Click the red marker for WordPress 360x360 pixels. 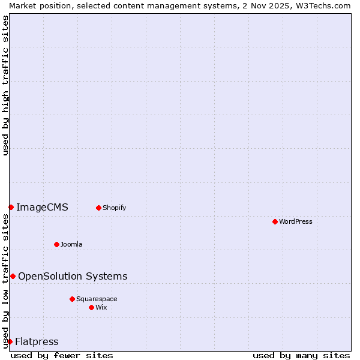(x=275, y=221)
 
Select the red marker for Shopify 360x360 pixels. (x=98, y=208)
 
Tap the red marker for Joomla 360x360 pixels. (x=56, y=244)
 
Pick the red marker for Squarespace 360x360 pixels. (x=72, y=299)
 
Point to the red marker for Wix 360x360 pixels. (x=91, y=307)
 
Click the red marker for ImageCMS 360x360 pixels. (x=11, y=207)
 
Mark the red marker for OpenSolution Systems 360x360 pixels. (x=13, y=276)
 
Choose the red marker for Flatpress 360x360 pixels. (x=10, y=341)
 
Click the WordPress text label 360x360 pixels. (x=296, y=221)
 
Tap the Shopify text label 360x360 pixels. (x=114, y=208)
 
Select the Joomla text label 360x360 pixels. (x=71, y=244)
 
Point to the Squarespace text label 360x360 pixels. (x=97, y=299)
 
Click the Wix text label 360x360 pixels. (x=101, y=307)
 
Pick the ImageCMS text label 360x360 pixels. (x=42, y=208)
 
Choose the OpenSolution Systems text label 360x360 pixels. (x=73, y=276)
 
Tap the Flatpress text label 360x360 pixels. (x=37, y=342)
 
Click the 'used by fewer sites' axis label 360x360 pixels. (x=62, y=355)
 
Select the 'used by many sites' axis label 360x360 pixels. (x=301, y=355)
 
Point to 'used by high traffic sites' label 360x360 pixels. (x=5, y=85)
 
